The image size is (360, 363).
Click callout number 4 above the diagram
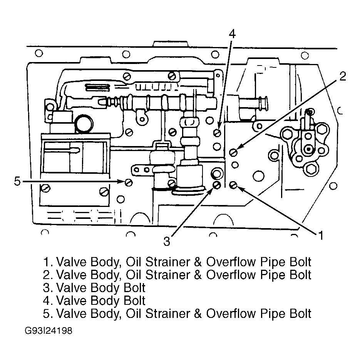(x=232, y=34)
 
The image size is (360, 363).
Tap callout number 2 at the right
(x=343, y=76)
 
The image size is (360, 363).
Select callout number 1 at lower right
(x=320, y=235)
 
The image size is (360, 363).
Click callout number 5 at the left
(x=17, y=181)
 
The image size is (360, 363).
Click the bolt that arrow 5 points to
(x=129, y=182)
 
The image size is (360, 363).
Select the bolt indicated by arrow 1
(x=233, y=185)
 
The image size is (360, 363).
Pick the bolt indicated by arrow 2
(x=233, y=152)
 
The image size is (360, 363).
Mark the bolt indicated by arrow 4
(x=218, y=133)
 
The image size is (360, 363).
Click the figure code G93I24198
(x=49, y=331)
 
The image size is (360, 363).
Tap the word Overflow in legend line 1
(x=232, y=262)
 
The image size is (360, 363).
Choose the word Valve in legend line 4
(x=72, y=301)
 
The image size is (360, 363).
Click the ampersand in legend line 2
(x=198, y=275)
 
